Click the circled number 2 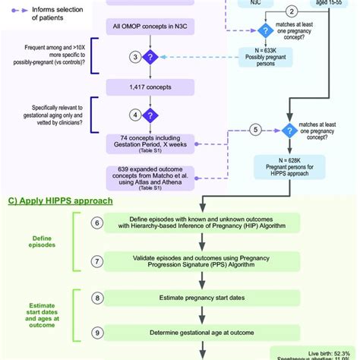(292, 11)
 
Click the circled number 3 (134, 57)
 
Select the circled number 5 (255, 130)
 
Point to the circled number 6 (97, 223)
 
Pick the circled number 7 (97, 261)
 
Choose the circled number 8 (97, 298)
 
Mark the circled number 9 (97, 332)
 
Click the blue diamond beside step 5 (288, 130)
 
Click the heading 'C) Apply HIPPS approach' (60, 201)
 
